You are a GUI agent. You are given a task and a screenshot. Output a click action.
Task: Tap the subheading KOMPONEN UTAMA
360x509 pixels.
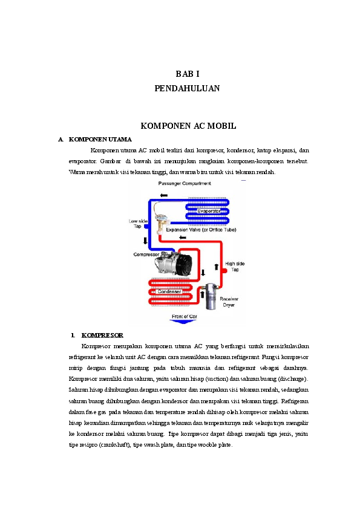click(x=100, y=139)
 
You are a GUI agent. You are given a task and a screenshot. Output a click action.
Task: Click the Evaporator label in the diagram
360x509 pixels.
click(x=209, y=211)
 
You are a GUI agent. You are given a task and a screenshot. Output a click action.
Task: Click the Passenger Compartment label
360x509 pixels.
click(x=185, y=183)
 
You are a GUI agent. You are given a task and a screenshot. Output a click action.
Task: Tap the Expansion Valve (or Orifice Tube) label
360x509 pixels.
click(x=201, y=230)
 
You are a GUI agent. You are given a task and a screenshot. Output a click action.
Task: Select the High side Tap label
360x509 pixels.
click(x=235, y=267)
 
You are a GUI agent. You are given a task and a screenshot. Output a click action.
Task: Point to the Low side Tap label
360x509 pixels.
click(x=137, y=224)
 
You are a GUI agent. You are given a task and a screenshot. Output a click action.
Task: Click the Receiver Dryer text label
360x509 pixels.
click(x=228, y=302)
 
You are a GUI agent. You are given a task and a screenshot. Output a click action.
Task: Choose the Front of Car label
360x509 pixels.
click(x=184, y=316)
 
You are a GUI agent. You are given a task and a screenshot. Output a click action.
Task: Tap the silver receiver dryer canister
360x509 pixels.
click(x=211, y=296)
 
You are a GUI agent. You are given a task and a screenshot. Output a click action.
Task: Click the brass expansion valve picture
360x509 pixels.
click(x=162, y=223)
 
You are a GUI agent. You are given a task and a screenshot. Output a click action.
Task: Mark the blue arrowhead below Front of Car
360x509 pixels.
click(x=183, y=323)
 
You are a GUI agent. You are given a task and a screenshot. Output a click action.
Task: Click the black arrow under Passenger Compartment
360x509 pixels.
click(x=164, y=195)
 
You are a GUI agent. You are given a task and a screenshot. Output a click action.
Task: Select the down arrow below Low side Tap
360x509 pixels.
click(x=145, y=241)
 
